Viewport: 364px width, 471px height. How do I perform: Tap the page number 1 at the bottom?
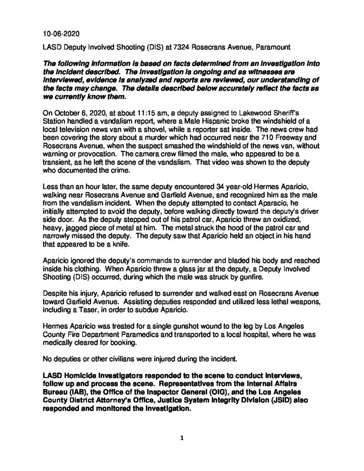click(182, 438)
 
